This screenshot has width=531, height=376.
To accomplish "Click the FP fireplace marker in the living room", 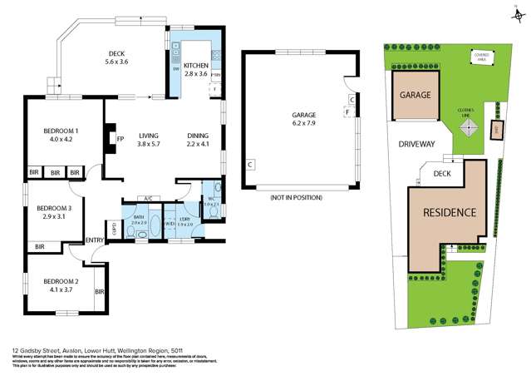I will click(x=120, y=139).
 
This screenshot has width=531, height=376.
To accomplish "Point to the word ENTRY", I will click(x=95, y=241).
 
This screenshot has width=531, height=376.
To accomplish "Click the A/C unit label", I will click(x=147, y=200).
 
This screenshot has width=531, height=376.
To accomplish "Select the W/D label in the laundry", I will click(x=170, y=224).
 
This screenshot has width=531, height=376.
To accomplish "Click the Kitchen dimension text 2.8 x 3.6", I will click(x=196, y=75).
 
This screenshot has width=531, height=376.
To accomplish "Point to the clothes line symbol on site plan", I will click(x=469, y=126).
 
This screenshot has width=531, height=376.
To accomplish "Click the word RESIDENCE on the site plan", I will click(x=450, y=212).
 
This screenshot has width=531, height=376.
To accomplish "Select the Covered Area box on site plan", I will click(x=482, y=59).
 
